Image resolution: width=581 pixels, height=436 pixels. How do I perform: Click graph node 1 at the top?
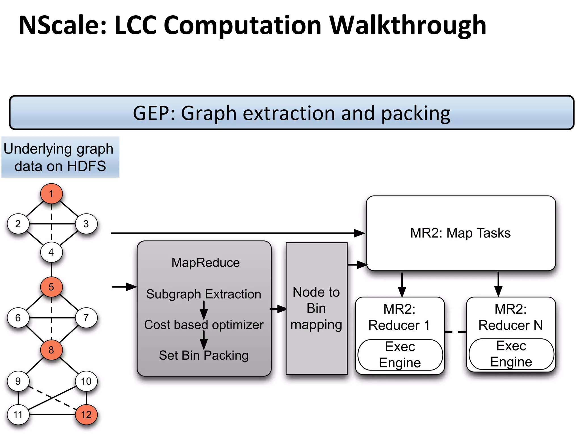51,194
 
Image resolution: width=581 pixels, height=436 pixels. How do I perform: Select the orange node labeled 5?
51,287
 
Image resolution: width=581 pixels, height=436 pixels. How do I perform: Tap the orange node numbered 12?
86,415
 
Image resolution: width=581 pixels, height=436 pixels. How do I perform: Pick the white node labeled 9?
18,381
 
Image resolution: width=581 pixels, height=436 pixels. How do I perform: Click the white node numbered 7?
86,318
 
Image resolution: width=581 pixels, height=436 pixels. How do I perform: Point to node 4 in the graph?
51,252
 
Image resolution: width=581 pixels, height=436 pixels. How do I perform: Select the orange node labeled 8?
51,350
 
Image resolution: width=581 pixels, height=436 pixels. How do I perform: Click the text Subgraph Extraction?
203,294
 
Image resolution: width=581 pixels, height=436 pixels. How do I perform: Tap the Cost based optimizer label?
203,325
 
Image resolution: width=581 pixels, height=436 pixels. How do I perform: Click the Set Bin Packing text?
203,355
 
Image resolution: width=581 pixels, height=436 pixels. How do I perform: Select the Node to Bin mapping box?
316,309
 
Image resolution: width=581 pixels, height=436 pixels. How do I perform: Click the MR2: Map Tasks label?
460,233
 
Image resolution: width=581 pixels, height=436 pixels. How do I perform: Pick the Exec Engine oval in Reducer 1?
400,355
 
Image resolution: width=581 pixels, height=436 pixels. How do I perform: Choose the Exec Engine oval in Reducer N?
511,354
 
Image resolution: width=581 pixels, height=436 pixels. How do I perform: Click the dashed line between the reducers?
455,332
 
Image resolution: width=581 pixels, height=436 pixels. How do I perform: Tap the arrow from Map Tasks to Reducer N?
498,284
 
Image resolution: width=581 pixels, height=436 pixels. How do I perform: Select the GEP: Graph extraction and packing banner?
291,113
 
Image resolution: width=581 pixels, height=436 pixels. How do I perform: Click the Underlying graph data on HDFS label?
60,157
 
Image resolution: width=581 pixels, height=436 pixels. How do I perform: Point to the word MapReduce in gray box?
205,263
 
